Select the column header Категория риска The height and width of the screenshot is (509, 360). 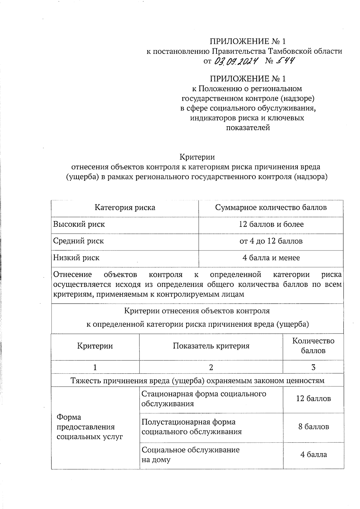point(125,208)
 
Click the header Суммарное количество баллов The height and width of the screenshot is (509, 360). point(271,208)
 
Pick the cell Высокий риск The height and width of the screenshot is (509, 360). point(79,224)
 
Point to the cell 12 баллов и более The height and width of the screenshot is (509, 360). point(271,224)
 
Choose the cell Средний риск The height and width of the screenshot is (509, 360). point(79,241)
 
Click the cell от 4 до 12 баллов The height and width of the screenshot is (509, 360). point(271,241)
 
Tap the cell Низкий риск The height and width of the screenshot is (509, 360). point(76,258)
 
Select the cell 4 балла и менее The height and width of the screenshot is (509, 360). point(271,258)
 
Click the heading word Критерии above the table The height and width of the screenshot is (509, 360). point(197,157)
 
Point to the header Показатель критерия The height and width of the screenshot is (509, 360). point(211,346)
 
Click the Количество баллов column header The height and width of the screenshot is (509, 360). point(313,346)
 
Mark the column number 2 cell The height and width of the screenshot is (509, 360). point(211,367)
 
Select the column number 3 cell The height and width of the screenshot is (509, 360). point(313,367)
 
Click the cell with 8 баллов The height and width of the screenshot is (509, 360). point(313,427)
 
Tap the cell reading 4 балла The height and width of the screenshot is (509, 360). point(313,455)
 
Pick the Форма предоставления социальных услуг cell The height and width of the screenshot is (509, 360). point(90,427)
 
